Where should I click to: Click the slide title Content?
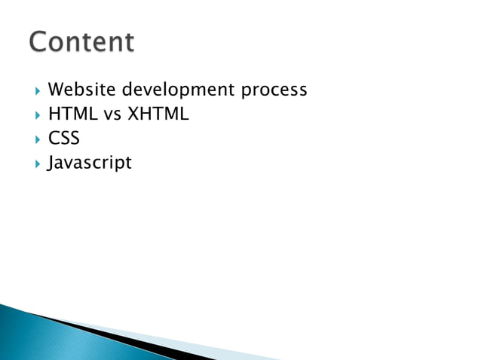81,41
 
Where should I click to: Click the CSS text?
63,139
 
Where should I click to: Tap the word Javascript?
89,163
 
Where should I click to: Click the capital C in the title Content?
40,41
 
